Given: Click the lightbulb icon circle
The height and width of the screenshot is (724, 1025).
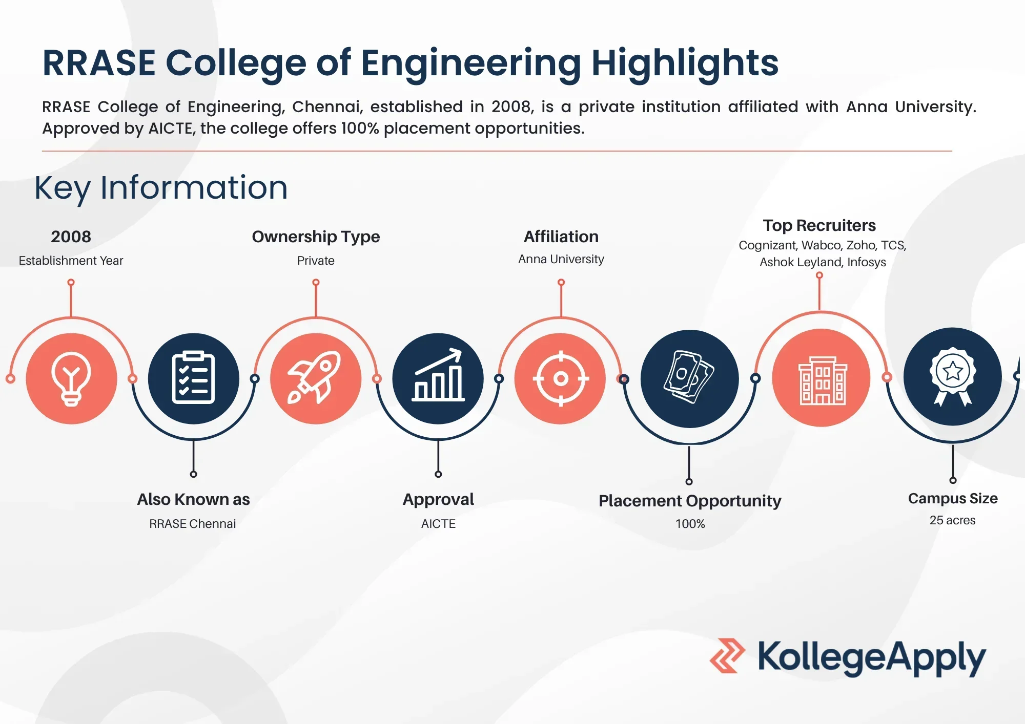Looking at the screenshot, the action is pyautogui.click(x=71, y=379).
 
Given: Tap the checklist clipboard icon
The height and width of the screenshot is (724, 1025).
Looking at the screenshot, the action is pyautogui.click(x=193, y=378).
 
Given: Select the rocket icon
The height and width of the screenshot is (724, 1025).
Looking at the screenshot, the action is pyautogui.click(x=314, y=377).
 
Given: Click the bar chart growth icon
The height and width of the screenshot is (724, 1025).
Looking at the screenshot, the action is pyautogui.click(x=438, y=375).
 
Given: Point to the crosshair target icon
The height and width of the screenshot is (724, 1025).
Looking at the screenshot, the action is pyautogui.click(x=561, y=379).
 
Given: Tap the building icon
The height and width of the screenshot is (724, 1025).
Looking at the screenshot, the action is pyautogui.click(x=822, y=380).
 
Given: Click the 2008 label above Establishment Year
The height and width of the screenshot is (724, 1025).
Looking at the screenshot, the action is pyautogui.click(x=71, y=237).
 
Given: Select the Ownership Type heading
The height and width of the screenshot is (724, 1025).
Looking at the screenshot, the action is pyautogui.click(x=316, y=237).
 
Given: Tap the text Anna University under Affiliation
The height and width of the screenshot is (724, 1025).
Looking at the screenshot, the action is pyautogui.click(x=561, y=259).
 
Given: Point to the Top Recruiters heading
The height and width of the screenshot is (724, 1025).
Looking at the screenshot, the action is pyautogui.click(x=819, y=225).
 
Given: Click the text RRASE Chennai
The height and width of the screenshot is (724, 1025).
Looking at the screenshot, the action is pyautogui.click(x=193, y=524).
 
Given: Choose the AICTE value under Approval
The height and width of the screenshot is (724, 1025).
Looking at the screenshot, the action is pyautogui.click(x=438, y=524).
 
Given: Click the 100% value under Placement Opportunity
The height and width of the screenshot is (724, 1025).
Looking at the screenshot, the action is pyautogui.click(x=690, y=524).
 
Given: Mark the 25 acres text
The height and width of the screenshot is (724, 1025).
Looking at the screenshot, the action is pyautogui.click(x=953, y=520).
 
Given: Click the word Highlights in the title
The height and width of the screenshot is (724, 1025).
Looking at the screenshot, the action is pyautogui.click(x=685, y=63).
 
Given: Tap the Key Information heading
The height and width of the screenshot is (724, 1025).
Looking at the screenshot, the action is pyautogui.click(x=161, y=188).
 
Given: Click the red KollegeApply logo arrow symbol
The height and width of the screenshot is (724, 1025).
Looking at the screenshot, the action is pyautogui.click(x=727, y=655).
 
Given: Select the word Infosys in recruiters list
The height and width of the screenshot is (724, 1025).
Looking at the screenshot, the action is pyautogui.click(x=867, y=262).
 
